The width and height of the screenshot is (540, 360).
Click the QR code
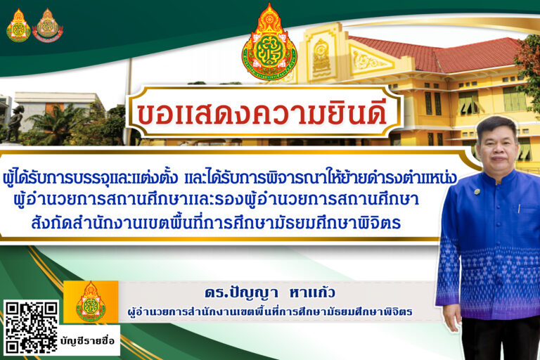[31, 328]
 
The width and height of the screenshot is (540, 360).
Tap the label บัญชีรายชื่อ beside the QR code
[87, 341]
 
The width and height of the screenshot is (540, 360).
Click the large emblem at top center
[269, 43]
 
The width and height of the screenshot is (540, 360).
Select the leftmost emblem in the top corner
[18, 25]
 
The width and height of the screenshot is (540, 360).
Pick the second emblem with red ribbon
[48, 25]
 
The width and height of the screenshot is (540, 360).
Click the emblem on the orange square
[91, 302]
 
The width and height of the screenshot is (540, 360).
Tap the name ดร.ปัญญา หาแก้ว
[269, 293]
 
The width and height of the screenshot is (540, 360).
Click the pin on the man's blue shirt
[477, 191]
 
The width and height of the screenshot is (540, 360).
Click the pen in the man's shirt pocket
[520, 208]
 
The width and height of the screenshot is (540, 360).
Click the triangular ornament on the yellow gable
[369, 61]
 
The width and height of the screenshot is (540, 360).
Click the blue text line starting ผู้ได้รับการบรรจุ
[230, 179]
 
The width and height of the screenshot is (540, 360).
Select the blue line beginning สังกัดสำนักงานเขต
[216, 223]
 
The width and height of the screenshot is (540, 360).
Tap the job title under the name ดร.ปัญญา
[270, 311]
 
